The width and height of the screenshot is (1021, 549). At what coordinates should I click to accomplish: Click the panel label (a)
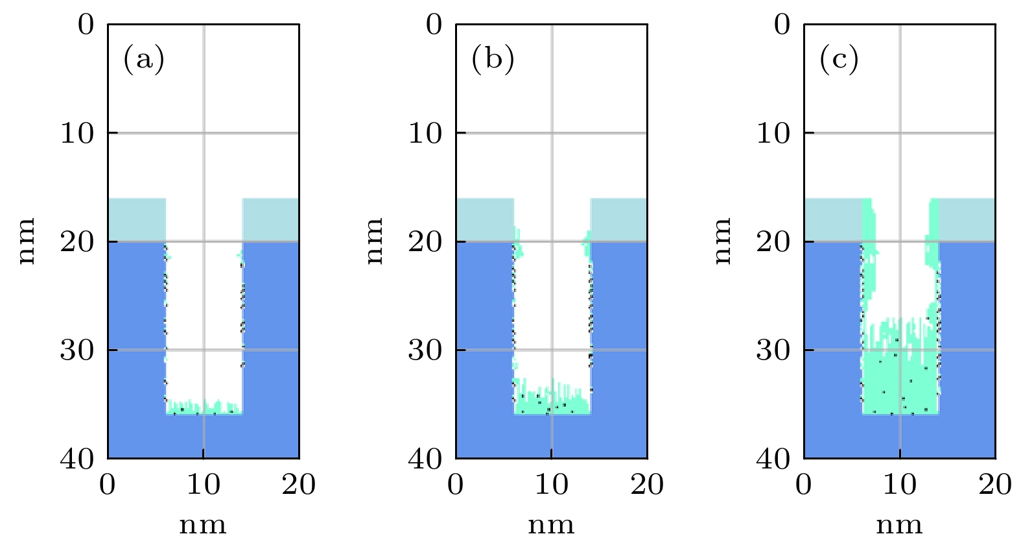tap(144, 60)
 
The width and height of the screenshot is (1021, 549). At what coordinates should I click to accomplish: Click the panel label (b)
tap(493, 60)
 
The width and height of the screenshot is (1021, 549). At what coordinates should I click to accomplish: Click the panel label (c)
tap(839, 60)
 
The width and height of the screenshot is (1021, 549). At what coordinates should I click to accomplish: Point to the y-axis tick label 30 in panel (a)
tap(77, 350)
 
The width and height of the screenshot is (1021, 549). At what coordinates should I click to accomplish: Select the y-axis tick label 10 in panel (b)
tap(425, 133)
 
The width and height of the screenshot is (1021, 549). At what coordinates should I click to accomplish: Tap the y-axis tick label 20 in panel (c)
tap(773, 242)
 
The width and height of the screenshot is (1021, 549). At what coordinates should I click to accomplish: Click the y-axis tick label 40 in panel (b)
tap(425, 459)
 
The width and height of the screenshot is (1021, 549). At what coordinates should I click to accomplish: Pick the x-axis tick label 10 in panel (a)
tap(204, 485)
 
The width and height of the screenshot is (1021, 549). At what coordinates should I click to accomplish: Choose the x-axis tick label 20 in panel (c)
tap(995, 485)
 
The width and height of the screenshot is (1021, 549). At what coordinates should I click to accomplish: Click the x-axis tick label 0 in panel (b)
tap(456, 485)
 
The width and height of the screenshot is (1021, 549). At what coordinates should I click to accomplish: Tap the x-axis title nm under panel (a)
tap(203, 525)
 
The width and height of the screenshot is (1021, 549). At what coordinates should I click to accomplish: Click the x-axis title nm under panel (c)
tap(899, 525)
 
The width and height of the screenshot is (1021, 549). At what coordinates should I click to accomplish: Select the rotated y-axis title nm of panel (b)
tap(375, 241)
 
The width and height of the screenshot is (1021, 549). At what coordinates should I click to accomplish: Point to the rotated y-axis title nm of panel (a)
tap(27, 241)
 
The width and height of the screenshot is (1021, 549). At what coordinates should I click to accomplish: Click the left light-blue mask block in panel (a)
tap(137, 219)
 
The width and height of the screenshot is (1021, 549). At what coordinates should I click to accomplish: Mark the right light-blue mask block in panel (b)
tap(618, 219)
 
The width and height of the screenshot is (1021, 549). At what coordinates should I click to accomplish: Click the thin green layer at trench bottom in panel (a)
tap(204, 408)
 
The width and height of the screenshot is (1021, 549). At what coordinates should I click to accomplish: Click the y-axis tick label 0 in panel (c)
tap(782, 25)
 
